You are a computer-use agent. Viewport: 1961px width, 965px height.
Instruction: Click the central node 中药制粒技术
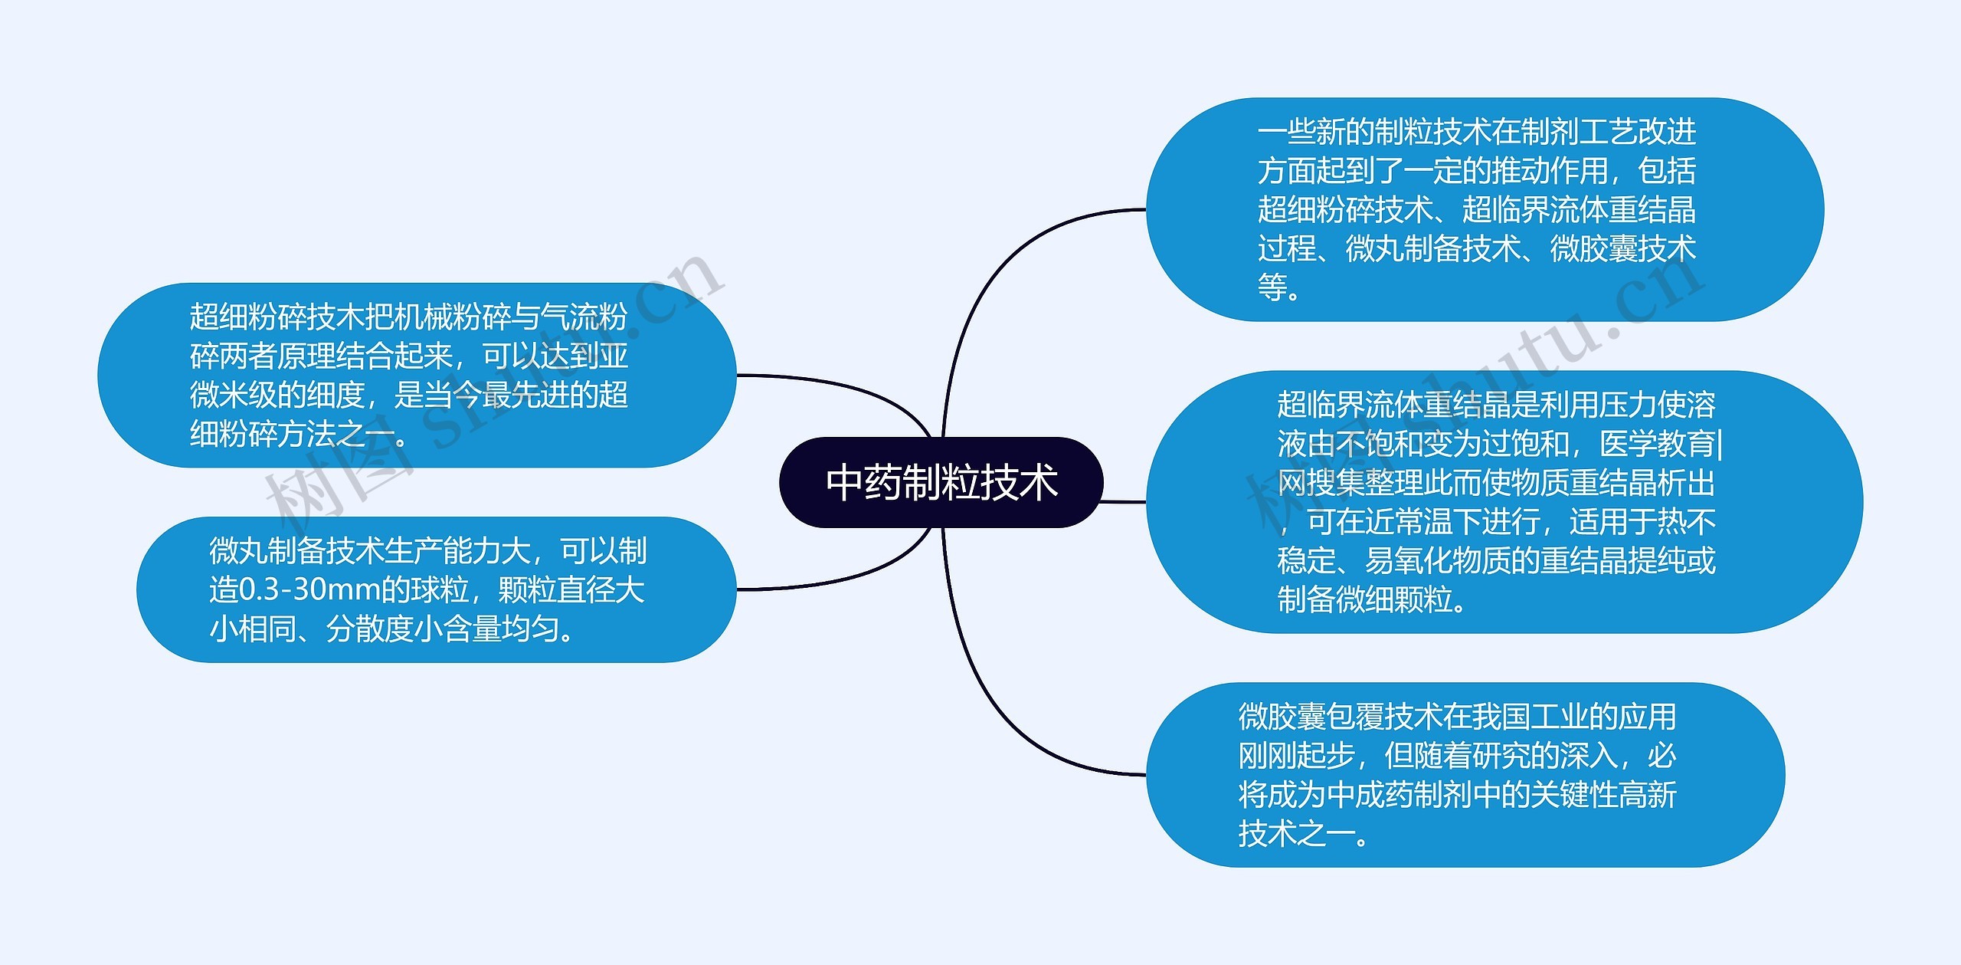click(941, 482)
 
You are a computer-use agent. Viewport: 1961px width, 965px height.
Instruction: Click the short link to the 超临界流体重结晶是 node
click(1124, 502)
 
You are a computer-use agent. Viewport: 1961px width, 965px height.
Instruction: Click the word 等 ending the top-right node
click(1272, 287)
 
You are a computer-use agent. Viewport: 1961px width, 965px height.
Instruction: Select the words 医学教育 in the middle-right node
click(1658, 444)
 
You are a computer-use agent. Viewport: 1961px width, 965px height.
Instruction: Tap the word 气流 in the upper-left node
click(569, 317)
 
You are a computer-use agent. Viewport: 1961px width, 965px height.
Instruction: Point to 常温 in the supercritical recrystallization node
click(1423, 522)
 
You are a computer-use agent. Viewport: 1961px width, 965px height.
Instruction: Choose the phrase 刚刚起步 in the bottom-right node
click(1297, 756)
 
